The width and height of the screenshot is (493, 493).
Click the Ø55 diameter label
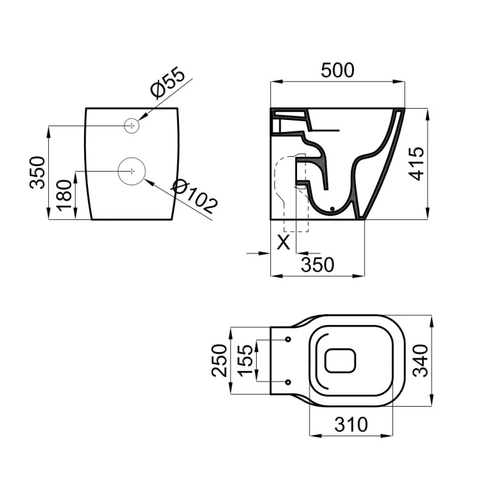(168, 83)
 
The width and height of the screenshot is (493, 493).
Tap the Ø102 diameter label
(195, 196)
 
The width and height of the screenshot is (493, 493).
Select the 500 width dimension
(338, 70)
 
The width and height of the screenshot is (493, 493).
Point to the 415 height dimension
(416, 164)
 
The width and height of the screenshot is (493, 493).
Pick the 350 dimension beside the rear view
(37, 173)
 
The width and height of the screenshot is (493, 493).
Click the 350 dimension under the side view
(318, 265)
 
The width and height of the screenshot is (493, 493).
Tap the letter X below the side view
(283, 242)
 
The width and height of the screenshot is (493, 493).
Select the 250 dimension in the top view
(219, 360)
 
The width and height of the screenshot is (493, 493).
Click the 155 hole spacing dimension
(245, 360)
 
